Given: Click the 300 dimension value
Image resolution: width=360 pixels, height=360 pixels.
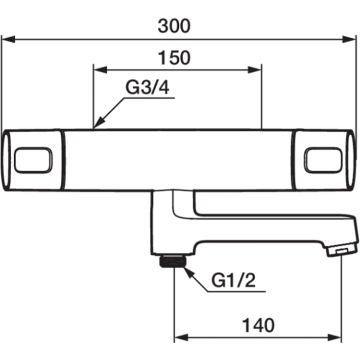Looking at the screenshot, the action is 174,26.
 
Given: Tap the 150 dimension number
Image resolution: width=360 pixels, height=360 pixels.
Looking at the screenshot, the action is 174,57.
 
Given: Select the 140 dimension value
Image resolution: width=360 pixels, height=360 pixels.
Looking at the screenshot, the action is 258,325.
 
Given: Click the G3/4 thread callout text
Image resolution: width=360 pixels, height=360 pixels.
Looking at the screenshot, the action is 147,87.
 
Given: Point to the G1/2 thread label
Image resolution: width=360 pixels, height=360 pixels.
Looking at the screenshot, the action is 233,280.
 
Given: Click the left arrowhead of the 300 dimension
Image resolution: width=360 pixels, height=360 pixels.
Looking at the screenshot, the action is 8,39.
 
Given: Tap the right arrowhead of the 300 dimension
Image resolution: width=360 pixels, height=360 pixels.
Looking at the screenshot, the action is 349,39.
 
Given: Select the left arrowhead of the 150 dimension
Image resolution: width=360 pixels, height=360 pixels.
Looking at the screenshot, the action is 100,70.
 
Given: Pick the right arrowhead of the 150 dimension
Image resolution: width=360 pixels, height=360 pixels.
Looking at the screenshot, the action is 255,70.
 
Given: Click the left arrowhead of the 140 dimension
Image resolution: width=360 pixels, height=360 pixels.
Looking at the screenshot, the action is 181,337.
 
